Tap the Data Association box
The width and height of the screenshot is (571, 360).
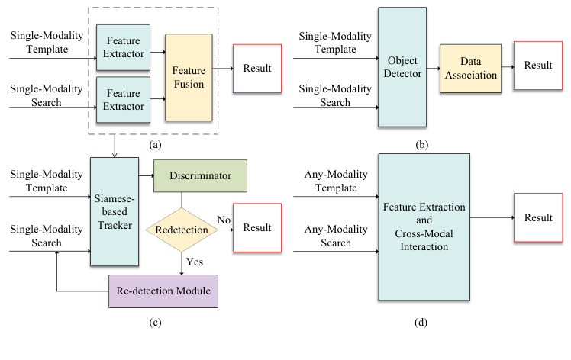click(x=469, y=69)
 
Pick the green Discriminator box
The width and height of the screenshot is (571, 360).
click(x=202, y=175)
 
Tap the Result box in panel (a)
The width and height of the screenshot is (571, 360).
click(x=256, y=69)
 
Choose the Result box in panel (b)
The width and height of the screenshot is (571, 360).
click(x=538, y=66)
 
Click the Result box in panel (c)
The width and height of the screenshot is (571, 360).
click(x=257, y=228)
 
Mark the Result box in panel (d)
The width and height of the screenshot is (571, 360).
click(x=538, y=218)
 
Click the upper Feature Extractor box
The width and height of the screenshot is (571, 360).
click(x=123, y=41)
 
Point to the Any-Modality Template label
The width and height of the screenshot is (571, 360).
click(x=331, y=182)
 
